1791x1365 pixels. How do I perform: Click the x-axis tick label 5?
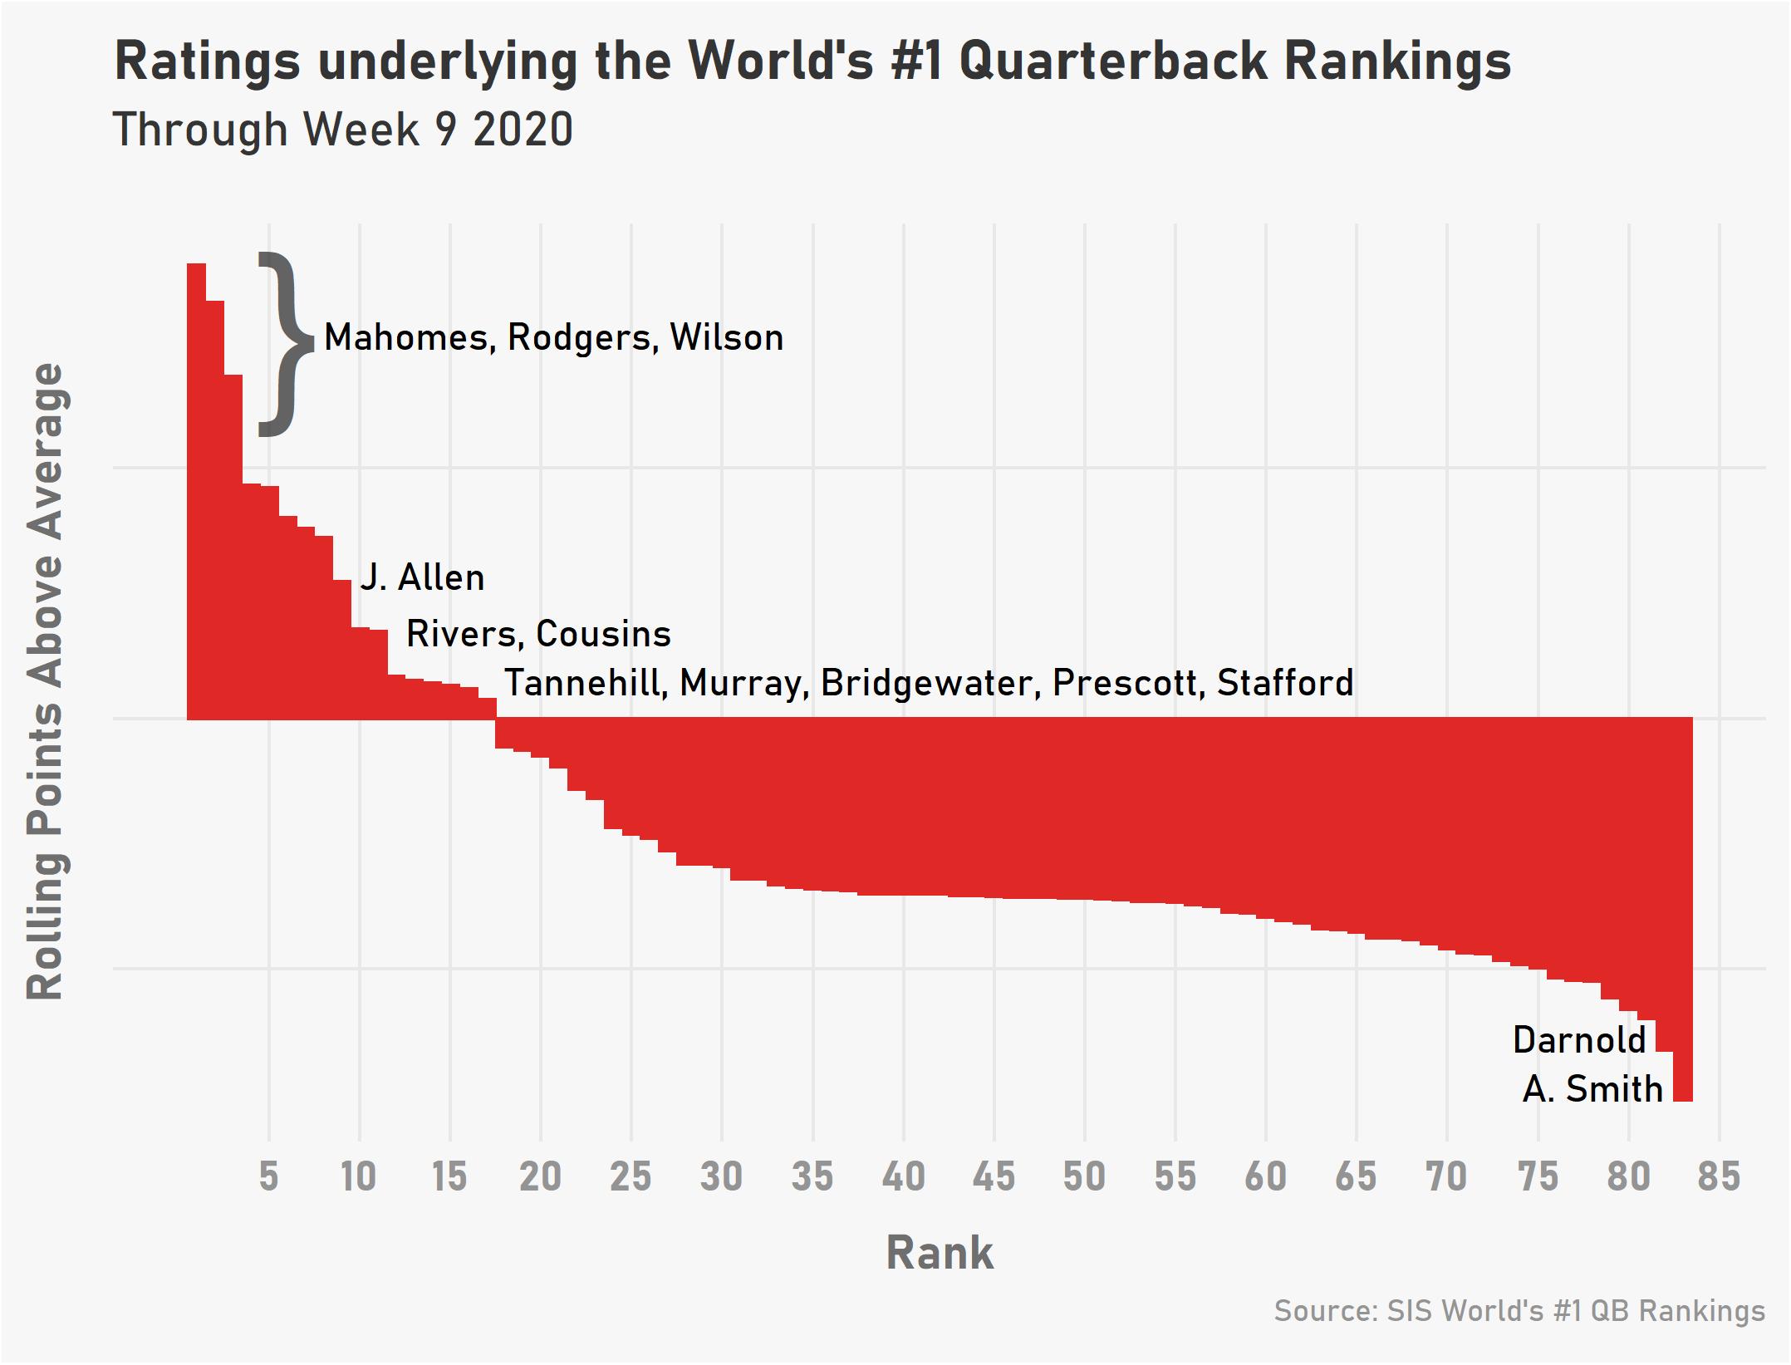tap(268, 1177)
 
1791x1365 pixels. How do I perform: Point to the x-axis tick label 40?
tap(903, 1177)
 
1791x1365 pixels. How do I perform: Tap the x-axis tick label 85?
tap(1719, 1177)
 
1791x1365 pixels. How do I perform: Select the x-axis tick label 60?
tap(1265, 1177)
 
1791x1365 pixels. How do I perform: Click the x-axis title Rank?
tap(940, 1253)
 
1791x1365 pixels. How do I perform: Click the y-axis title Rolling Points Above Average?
tap(46, 681)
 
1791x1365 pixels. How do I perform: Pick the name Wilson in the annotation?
tap(727, 338)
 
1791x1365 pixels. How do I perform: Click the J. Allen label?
tap(422, 578)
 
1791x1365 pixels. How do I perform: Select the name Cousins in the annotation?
tap(603, 635)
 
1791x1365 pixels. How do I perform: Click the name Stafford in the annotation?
tap(1285, 684)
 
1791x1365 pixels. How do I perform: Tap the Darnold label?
tap(1579, 1040)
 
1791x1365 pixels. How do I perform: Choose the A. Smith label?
tap(1592, 1089)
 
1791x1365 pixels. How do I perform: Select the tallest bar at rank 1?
tap(196, 490)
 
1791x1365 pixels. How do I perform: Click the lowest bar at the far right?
tap(1682, 914)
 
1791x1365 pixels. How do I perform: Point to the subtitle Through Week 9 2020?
tap(342, 130)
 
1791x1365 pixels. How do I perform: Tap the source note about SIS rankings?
tap(1519, 1311)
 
